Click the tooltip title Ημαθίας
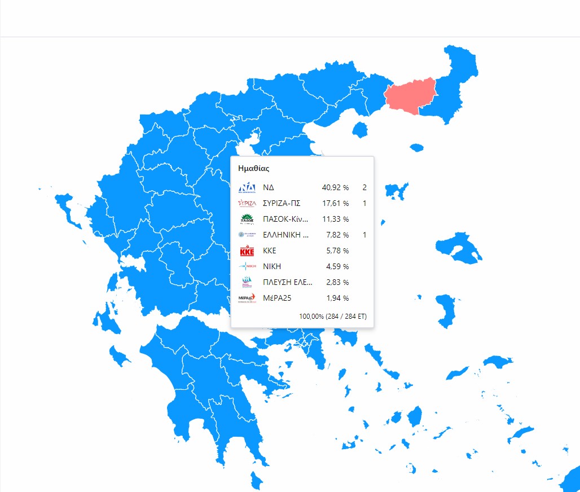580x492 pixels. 254,168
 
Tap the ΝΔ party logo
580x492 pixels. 247,187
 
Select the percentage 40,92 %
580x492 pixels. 335,187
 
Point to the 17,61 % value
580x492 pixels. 335,203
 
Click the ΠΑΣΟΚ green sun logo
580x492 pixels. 247,219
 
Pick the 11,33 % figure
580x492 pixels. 335,219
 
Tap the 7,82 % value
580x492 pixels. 337,235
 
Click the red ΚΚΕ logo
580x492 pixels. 247,251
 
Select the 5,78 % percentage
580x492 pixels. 337,251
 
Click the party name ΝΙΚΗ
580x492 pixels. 272,266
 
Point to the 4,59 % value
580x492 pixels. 337,266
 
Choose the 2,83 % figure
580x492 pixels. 337,282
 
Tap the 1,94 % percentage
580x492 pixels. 337,298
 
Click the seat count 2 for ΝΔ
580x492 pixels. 364,187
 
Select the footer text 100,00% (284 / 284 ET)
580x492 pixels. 333,317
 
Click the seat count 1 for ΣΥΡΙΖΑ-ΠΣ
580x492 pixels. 364,203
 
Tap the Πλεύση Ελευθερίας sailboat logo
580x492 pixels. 247,282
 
